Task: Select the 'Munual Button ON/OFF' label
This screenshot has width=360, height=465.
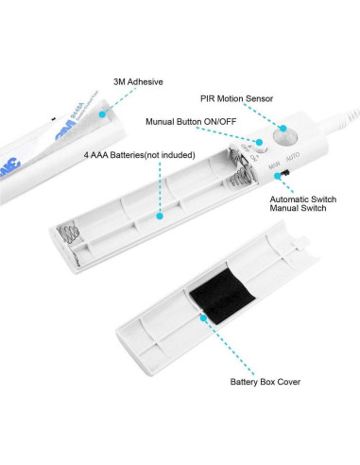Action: tap(191, 121)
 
